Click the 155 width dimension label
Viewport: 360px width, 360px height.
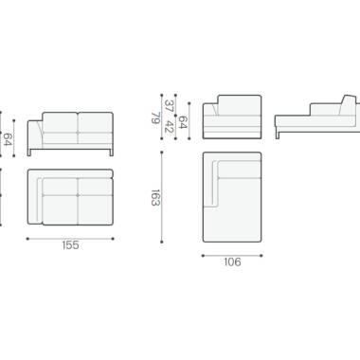[x=70, y=245]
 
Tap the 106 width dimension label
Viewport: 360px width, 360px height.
[x=232, y=262]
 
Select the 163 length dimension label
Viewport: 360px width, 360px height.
[x=155, y=198]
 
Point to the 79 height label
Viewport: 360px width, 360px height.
[x=155, y=118]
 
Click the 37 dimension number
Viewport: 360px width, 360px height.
[x=169, y=106]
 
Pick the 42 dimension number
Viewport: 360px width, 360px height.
[x=169, y=126]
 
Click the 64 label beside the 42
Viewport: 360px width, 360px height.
[x=183, y=122]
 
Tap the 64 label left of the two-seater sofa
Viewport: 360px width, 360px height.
[x=8, y=139]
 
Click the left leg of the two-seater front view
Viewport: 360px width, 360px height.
[x=29, y=153]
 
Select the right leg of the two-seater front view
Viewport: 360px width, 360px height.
[x=111, y=153]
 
